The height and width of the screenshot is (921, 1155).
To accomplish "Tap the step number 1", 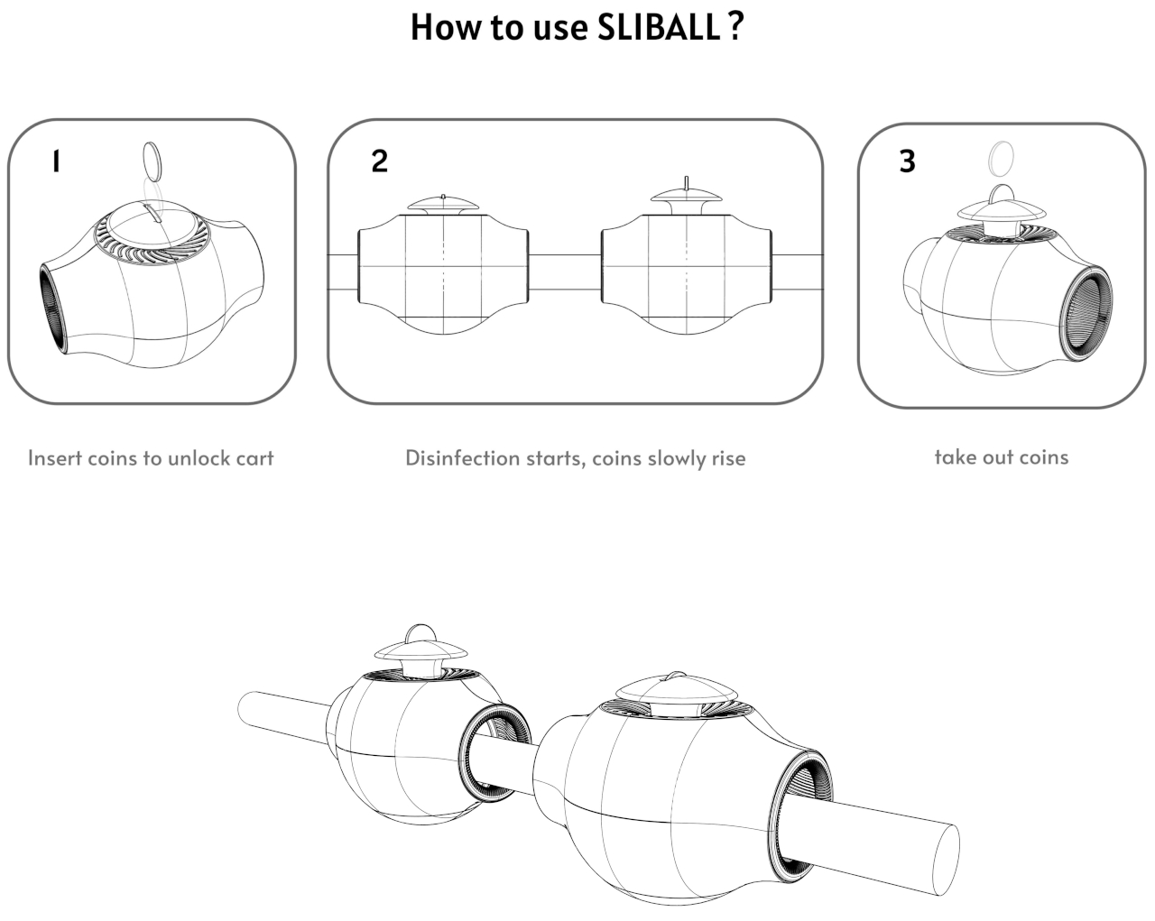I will (x=56, y=161).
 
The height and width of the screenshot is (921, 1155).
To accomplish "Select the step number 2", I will (x=379, y=161).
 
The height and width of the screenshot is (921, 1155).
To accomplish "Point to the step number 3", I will (x=907, y=161).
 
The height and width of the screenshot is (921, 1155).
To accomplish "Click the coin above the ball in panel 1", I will (x=154, y=163).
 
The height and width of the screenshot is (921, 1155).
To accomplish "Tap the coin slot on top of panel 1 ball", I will (x=151, y=214).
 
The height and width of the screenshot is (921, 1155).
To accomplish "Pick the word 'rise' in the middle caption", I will (x=727, y=458).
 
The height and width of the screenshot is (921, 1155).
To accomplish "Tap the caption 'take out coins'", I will (x=1001, y=457).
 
